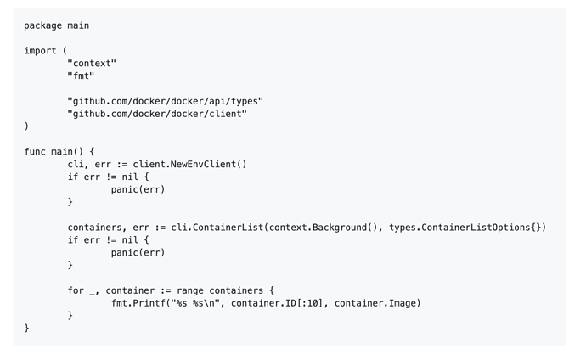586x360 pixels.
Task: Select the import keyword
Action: click(x=41, y=51)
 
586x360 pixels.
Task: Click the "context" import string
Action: click(x=92, y=64)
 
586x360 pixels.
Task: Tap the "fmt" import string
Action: click(x=81, y=76)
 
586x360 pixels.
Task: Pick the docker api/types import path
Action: click(x=166, y=101)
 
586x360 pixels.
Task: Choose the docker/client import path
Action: click(x=157, y=114)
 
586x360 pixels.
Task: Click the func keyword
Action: click(x=35, y=152)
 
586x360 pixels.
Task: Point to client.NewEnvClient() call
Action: click(x=190, y=165)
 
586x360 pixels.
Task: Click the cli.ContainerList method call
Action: click(x=217, y=228)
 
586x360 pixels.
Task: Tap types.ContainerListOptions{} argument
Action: click(x=465, y=228)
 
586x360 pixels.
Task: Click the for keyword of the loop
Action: click(x=76, y=290)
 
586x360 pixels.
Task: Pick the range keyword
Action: click(x=190, y=290)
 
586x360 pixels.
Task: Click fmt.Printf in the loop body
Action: click(x=138, y=303)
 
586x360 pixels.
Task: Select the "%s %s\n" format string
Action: click(x=195, y=303)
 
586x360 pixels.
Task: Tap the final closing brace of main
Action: click(x=26, y=329)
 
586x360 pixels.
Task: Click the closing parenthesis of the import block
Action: click(x=26, y=127)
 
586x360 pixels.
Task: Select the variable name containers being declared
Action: click(x=95, y=228)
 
